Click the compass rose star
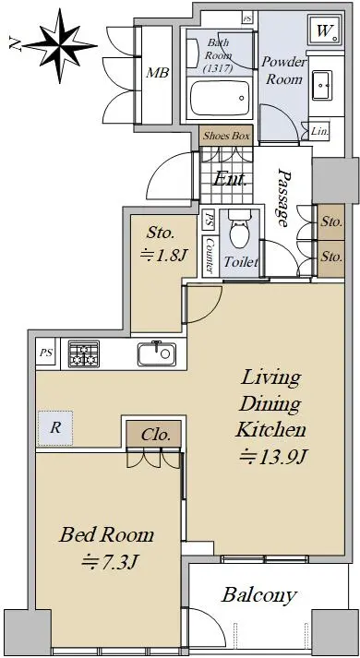click(x=60, y=45)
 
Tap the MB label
click(x=157, y=73)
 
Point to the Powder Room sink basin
click(x=322, y=85)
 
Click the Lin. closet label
click(x=320, y=131)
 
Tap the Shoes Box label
click(x=226, y=136)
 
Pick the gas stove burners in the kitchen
click(x=84, y=353)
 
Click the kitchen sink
click(x=157, y=353)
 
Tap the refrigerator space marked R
click(x=55, y=428)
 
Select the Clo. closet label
click(x=156, y=435)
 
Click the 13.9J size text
click(x=272, y=457)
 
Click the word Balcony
click(x=259, y=595)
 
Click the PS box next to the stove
click(x=46, y=353)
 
